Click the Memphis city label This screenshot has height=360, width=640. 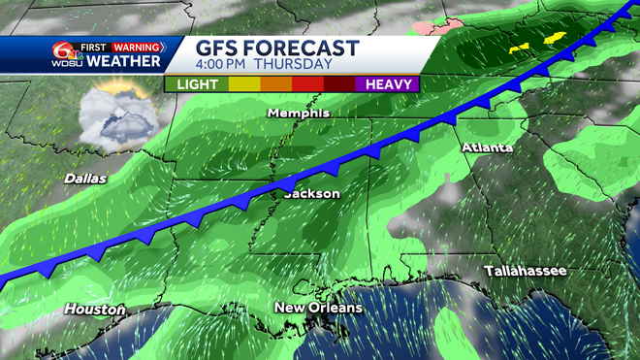coord(300,113)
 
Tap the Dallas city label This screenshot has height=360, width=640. coord(85,179)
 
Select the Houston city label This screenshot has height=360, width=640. coord(95,310)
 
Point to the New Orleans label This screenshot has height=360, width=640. coord(318,308)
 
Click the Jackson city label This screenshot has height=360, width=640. coord(311,194)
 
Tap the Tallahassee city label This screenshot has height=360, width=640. coord(525,270)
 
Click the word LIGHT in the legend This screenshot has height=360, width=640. coord(196,84)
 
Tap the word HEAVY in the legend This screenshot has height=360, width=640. coord(388,84)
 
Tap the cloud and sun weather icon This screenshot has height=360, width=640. coord(114,118)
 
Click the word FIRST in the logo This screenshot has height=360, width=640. coord(94,46)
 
